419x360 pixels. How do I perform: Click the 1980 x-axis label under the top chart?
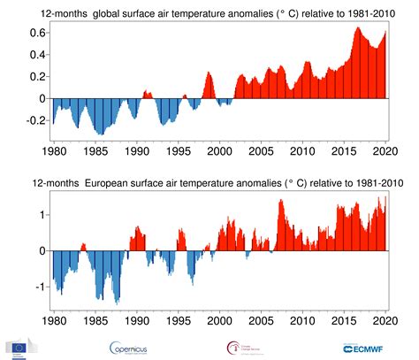click(x=53, y=152)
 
